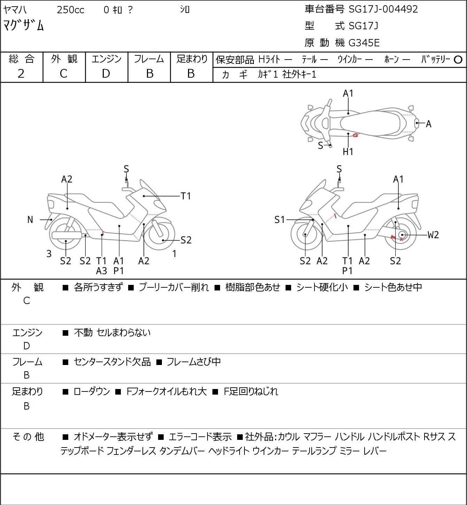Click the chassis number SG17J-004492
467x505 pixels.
pyautogui.click(x=383, y=9)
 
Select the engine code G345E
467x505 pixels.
pyautogui.click(x=364, y=43)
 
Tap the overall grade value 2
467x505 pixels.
pyautogui.click(x=21, y=74)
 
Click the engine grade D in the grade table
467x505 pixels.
pyautogui.click(x=106, y=74)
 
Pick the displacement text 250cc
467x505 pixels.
pyautogui.click(x=70, y=10)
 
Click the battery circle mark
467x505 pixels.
pyautogui.click(x=458, y=60)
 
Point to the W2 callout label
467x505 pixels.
pyautogui.click(x=433, y=235)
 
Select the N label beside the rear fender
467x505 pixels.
pyautogui.click(x=30, y=219)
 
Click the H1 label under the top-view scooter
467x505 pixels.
pyautogui.click(x=348, y=152)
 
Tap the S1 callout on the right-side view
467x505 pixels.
pyautogui.click(x=280, y=219)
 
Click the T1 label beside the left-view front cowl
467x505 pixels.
pyautogui.click(x=186, y=196)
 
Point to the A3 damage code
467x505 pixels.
pyautogui.click(x=101, y=271)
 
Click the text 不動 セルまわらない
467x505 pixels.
pyautogui.click(x=112, y=333)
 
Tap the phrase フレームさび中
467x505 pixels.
pyautogui.click(x=194, y=362)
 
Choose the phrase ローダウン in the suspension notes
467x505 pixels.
pyautogui.click(x=92, y=391)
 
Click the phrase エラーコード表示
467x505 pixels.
pyautogui.click(x=200, y=437)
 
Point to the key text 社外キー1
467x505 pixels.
pyautogui.click(x=299, y=75)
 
